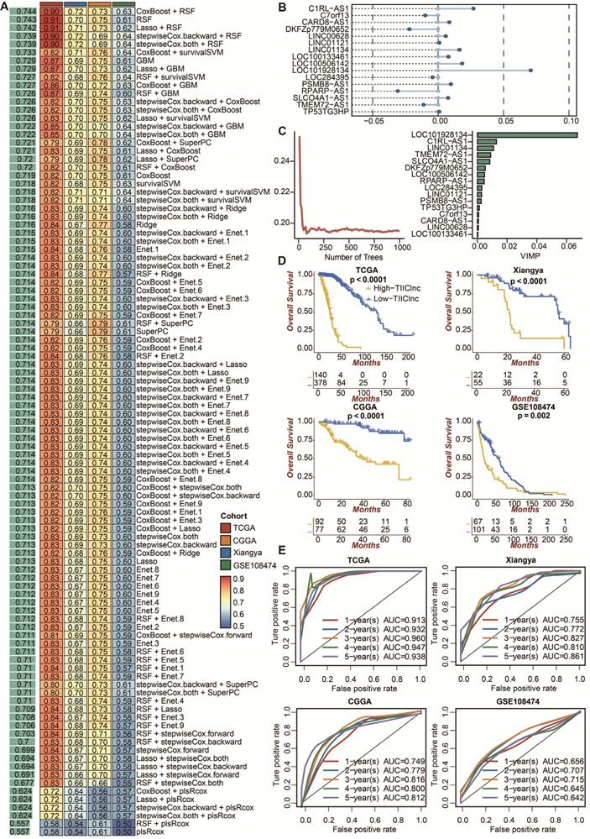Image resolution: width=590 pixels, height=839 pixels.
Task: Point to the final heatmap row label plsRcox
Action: click(152, 831)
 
